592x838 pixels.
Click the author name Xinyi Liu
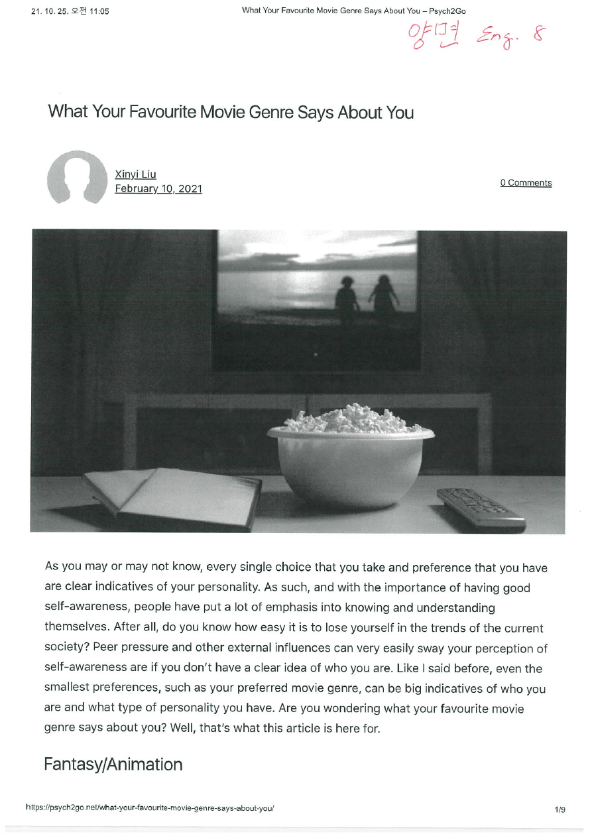(x=135, y=174)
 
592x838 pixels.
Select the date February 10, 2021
(x=158, y=189)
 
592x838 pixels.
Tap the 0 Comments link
(x=526, y=183)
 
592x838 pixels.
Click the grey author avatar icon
(x=78, y=178)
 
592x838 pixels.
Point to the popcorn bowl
(x=351, y=457)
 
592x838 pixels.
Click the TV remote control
(x=481, y=509)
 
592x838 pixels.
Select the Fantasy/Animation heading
(x=113, y=764)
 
